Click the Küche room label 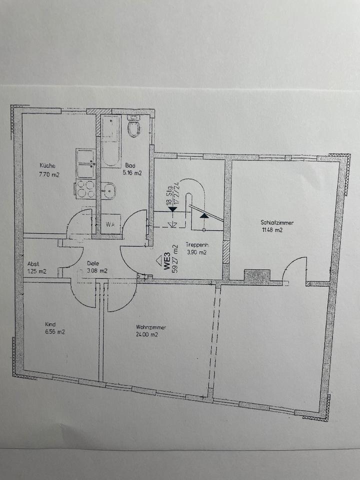click(x=48, y=166)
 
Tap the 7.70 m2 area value click(x=50, y=175)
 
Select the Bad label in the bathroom click(x=130, y=165)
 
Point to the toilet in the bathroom click(x=133, y=127)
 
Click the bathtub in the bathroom click(x=110, y=141)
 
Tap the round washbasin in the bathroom click(x=109, y=190)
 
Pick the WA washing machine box click(x=110, y=224)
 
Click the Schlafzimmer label click(x=276, y=222)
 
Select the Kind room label click(x=50, y=323)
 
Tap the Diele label click(x=92, y=263)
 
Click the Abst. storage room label click(x=33, y=263)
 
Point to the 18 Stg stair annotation click(x=170, y=194)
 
